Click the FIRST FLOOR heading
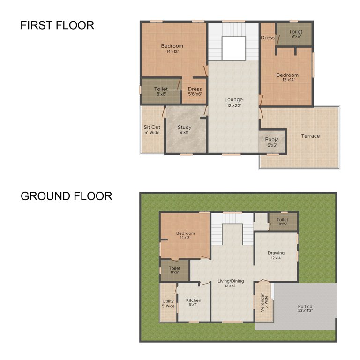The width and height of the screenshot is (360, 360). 57,25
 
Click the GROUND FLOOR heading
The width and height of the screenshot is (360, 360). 66,196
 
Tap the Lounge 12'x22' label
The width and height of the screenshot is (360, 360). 233,102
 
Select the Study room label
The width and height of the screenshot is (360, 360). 185,130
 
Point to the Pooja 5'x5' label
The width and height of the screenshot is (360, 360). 272,142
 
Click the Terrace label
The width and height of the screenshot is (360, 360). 310,136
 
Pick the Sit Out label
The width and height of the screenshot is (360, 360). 152,130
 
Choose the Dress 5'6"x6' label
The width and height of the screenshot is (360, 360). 195,91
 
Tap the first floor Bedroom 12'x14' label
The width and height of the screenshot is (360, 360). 287,78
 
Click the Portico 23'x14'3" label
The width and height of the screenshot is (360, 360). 305,309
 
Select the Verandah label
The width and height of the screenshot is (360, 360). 263,302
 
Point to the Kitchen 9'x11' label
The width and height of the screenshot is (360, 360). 194,303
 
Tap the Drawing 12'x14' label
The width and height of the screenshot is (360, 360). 276,255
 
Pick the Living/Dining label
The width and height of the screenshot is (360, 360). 231,284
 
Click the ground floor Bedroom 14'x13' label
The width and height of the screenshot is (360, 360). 185,235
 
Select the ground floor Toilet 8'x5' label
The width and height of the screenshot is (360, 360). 282,222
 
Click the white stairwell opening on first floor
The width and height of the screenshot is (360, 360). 233,48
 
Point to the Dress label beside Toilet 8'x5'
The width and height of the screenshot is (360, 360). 268,38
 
